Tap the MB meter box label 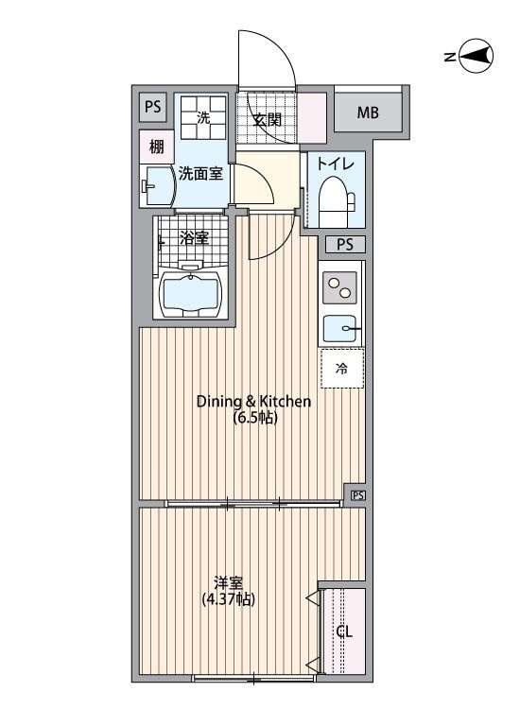tap(368, 112)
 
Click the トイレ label tap(335, 164)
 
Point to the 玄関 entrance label tap(268, 120)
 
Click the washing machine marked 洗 tap(203, 117)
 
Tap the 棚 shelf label tap(156, 147)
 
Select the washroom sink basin tap(157, 185)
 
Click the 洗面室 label tap(200, 174)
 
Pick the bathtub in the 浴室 tap(189, 293)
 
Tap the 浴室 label tap(194, 238)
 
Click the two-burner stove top tap(339, 288)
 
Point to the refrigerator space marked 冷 tap(342, 368)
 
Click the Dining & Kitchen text tap(253, 401)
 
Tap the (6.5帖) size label tap(255, 417)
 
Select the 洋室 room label tap(229, 582)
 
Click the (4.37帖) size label tap(229, 599)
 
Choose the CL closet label tap(344, 631)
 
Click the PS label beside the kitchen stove tap(345, 245)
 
